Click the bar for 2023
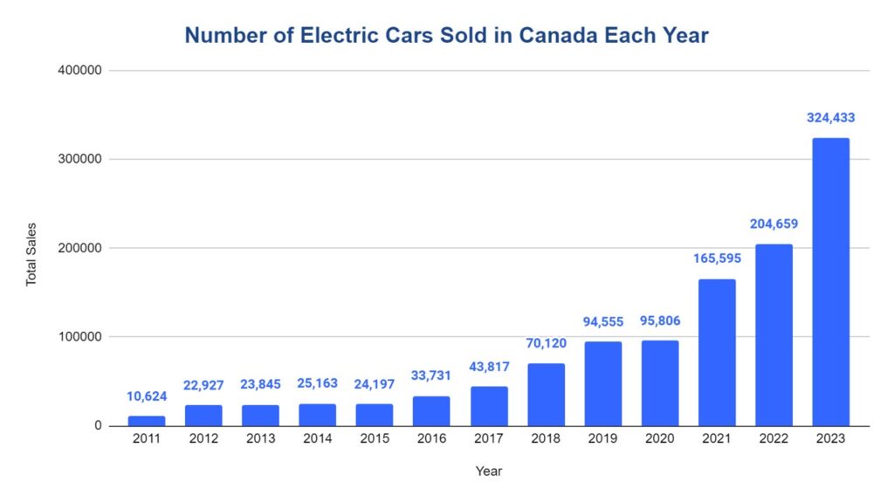click(x=830, y=282)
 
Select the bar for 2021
click(x=716, y=353)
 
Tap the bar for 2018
click(x=546, y=395)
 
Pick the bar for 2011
click(x=147, y=421)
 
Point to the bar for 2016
click(x=431, y=410)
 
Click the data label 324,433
click(x=830, y=118)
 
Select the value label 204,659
click(x=774, y=224)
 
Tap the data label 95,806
click(x=659, y=320)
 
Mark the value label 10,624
click(x=147, y=396)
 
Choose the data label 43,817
click(x=489, y=367)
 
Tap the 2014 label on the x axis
click(x=318, y=439)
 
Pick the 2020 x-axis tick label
click(x=659, y=439)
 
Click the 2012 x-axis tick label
click(x=203, y=439)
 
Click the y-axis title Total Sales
click(x=31, y=254)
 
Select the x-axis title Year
click(x=488, y=472)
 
